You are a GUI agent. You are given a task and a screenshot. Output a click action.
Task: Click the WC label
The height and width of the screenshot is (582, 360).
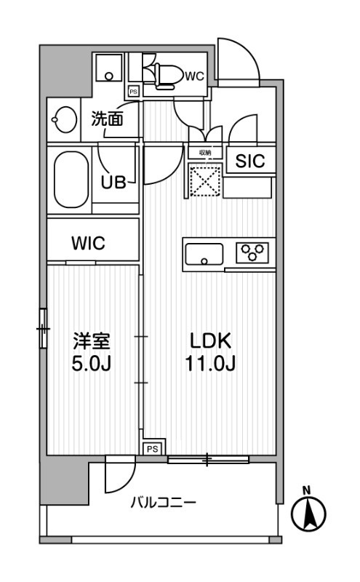[x=194, y=75]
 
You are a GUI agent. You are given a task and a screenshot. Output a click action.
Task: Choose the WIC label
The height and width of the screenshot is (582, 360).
[x=87, y=244]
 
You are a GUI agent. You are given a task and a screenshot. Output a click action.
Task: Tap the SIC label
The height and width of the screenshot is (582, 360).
[x=249, y=162]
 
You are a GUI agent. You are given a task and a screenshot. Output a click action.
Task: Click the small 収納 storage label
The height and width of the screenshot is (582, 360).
[x=205, y=153]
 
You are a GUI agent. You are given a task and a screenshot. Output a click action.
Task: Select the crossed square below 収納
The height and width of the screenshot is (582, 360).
[x=205, y=179]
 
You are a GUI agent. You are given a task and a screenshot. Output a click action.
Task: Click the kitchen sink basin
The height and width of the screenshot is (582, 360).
[x=204, y=255]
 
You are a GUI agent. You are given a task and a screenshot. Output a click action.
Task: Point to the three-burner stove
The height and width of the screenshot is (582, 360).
[x=252, y=252]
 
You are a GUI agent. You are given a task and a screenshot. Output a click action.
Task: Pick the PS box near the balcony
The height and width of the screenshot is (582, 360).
[x=152, y=449]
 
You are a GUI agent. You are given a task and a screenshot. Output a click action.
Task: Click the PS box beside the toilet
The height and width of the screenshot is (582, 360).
[x=133, y=92]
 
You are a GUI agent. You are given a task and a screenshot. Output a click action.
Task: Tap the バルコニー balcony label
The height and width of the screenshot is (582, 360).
[x=163, y=502]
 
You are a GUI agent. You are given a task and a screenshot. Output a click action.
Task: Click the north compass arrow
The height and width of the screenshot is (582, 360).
[x=308, y=514]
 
